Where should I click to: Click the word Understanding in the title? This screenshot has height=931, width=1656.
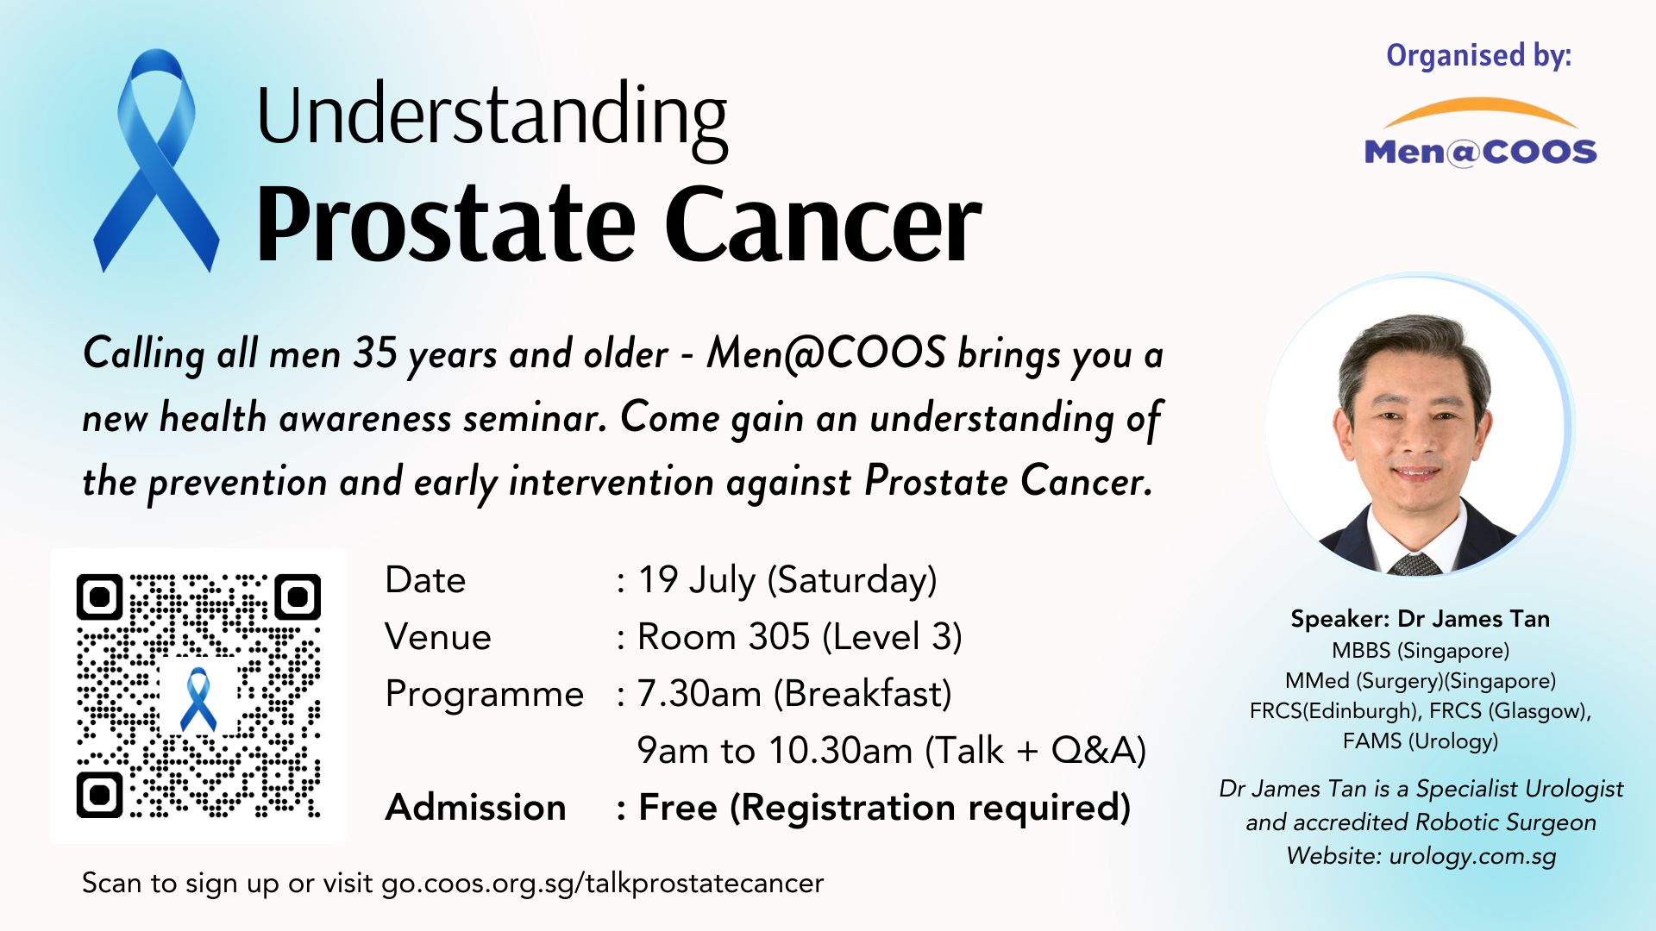tap(492, 118)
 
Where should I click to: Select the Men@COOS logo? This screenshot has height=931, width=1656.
tap(1480, 134)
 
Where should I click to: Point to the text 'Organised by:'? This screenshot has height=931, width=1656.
tap(1479, 56)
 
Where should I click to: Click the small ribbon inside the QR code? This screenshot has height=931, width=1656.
tap(199, 698)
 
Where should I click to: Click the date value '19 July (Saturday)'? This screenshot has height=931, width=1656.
tap(787, 581)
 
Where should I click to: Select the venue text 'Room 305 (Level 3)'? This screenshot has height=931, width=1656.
tap(800, 638)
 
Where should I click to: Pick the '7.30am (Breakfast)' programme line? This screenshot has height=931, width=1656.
tap(794, 695)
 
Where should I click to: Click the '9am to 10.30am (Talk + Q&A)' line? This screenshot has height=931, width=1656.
tap(892, 752)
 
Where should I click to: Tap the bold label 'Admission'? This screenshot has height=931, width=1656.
tap(476, 808)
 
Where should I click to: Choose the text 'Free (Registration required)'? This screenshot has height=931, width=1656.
tap(884, 809)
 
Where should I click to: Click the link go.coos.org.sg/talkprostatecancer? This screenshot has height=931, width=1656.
tap(603, 884)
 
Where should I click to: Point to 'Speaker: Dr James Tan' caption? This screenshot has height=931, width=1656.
tap(1421, 619)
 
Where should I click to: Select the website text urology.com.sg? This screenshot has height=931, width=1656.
tap(1473, 856)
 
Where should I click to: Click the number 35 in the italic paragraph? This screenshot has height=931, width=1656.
tap(375, 354)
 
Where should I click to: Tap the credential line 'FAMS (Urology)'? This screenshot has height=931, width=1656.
tap(1421, 741)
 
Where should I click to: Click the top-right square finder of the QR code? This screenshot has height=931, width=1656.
tap(298, 597)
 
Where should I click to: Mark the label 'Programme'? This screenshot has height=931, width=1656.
tap(485, 695)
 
